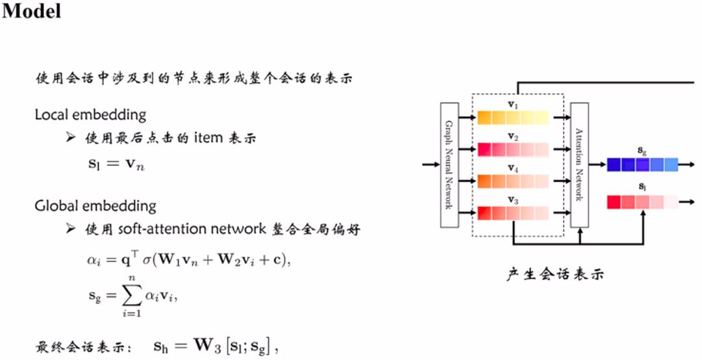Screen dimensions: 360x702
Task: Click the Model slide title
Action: [x=31, y=11]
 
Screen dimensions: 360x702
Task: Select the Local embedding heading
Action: [x=90, y=115]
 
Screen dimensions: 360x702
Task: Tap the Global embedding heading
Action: [x=95, y=206]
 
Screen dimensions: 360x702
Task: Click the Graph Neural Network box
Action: [x=449, y=164]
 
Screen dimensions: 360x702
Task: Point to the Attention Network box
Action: [x=579, y=164]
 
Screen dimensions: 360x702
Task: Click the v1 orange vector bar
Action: [x=513, y=118]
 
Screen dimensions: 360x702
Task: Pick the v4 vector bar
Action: [x=513, y=181]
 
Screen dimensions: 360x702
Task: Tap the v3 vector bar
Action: [x=513, y=212]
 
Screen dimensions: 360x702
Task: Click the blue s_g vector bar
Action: [x=642, y=164]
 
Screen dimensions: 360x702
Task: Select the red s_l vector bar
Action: [x=642, y=202]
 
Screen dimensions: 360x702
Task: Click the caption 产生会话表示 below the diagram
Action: [x=555, y=274]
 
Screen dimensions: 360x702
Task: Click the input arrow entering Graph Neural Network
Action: [x=431, y=164]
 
